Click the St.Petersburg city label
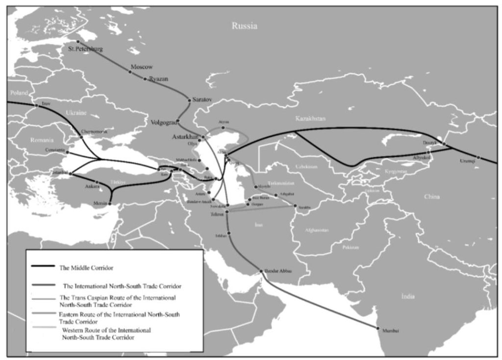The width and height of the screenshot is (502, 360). coord(86,48)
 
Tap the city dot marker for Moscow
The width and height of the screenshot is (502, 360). coord(130,72)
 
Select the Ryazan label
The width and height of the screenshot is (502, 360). coord(158,78)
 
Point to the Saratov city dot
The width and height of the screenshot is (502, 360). coord(189,100)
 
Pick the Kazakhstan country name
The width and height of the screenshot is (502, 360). coord(310,119)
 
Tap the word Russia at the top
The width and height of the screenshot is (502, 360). coord(244,26)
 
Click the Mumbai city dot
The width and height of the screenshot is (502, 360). coord(377,328)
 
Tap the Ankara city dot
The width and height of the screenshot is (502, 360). coord(97,182)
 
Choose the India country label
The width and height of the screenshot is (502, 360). coord(407,296)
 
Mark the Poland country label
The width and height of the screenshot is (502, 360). coord(18,93)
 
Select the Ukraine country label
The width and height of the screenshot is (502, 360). coord(76,113)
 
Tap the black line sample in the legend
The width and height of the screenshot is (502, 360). coord(43,267)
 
